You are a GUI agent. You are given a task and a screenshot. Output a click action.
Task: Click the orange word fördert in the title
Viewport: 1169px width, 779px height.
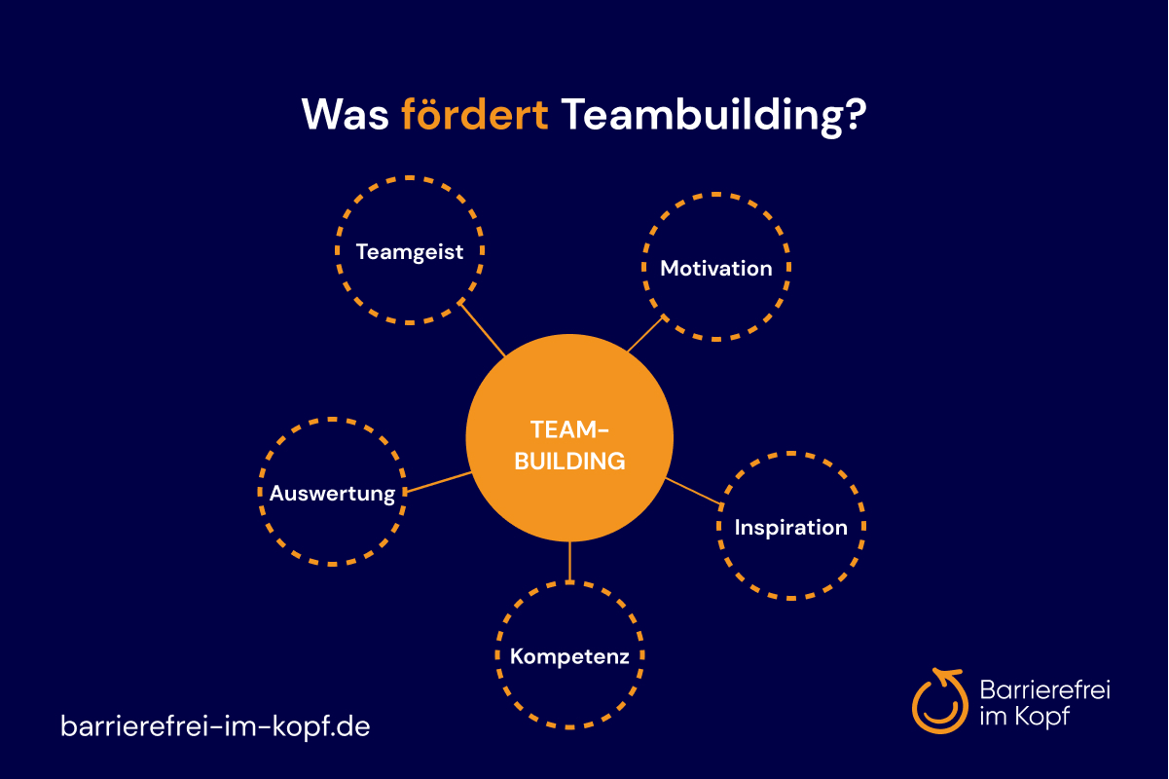tap(474, 114)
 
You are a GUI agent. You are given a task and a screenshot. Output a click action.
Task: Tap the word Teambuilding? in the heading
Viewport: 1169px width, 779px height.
tap(713, 117)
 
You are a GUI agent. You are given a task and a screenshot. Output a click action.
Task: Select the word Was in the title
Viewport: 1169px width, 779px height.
tap(345, 114)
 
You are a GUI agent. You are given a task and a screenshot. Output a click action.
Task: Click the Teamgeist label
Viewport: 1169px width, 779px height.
tap(409, 252)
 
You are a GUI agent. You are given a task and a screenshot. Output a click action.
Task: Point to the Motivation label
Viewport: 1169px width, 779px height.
tap(716, 269)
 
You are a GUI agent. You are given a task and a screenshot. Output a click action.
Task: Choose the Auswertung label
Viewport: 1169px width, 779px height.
tap(332, 494)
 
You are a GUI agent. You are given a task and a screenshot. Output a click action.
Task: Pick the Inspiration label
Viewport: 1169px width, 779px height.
tap(790, 528)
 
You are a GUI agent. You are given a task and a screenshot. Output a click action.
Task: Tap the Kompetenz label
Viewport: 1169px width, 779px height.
tap(569, 657)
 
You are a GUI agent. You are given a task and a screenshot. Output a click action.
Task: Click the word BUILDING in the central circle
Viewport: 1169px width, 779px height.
tap(569, 461)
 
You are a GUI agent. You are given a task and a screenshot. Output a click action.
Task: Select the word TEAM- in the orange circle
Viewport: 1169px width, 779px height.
tap(569, 429)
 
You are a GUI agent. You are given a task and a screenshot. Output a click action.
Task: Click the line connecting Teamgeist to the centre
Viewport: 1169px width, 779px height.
tap(482, 329)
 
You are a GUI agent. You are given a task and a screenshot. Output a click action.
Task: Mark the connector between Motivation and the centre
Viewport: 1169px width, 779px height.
tap(646, 334)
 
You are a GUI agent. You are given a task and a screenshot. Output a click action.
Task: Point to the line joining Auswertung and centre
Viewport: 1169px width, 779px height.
tap(438, 482)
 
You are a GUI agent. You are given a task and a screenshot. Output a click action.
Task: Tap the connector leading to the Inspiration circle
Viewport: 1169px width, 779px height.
tap(694, 492)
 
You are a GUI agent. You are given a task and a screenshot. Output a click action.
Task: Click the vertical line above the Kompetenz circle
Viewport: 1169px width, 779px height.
tap(569, 562)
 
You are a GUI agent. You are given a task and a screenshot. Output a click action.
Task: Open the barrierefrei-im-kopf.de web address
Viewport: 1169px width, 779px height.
tap(215, 725)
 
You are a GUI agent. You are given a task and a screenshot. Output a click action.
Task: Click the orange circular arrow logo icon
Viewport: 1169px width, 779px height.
tap(939, 700)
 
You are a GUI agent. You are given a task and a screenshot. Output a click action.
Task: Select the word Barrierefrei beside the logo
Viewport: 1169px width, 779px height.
tap(1044, 689)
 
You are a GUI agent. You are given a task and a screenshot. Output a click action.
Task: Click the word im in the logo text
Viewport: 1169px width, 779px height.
tap(993, 716)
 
